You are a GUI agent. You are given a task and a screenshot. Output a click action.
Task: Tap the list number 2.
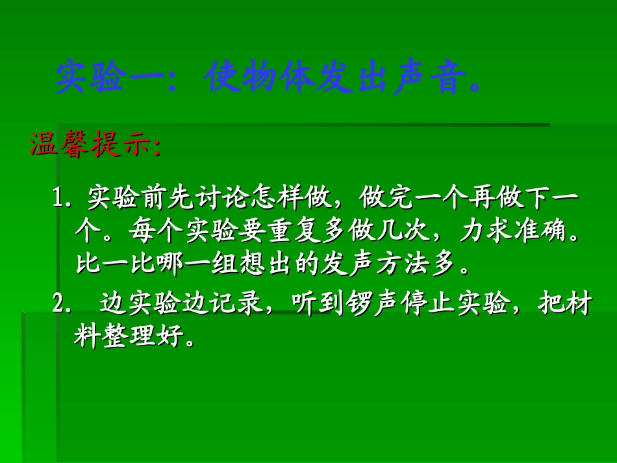[x=61, y=304]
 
